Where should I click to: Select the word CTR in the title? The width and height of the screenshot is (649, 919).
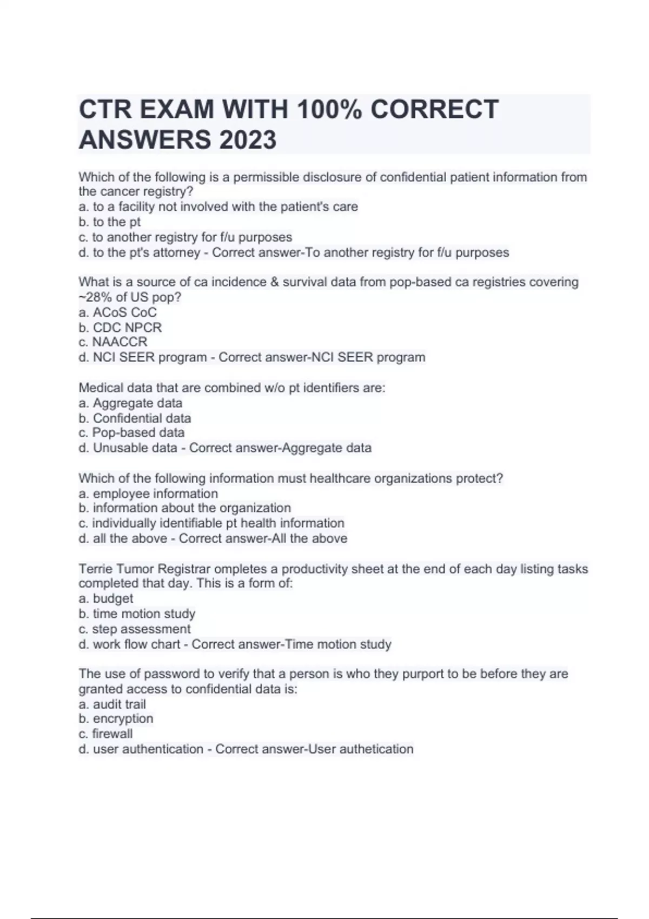(x=105, y=109)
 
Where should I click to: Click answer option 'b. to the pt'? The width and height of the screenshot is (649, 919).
(x=109, y=222)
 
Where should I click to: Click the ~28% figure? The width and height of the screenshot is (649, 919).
(x=95, y=297)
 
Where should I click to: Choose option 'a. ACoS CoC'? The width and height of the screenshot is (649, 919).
(x=117, y=312)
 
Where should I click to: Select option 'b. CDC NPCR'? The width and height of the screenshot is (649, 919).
(x=120, y=328)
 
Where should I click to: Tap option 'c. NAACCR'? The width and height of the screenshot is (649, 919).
(x=112, y=342)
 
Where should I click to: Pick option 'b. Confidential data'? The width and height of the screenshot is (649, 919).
(x=135, y=418)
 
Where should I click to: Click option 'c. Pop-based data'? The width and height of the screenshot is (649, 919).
(x=131, y=432)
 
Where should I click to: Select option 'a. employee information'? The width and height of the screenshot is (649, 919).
(x=148, y=494)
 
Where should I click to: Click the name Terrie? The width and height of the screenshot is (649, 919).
(x=95, y=569)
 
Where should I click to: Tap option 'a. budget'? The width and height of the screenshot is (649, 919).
(x=105, y=598)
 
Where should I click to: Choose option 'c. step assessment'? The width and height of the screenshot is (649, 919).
(x=134, y=629)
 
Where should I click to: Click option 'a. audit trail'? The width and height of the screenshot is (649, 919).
(x=112, y=704)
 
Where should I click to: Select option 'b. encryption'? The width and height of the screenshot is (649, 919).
(x=116, y=718)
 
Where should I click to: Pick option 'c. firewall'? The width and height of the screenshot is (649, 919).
(x=105, y=734)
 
